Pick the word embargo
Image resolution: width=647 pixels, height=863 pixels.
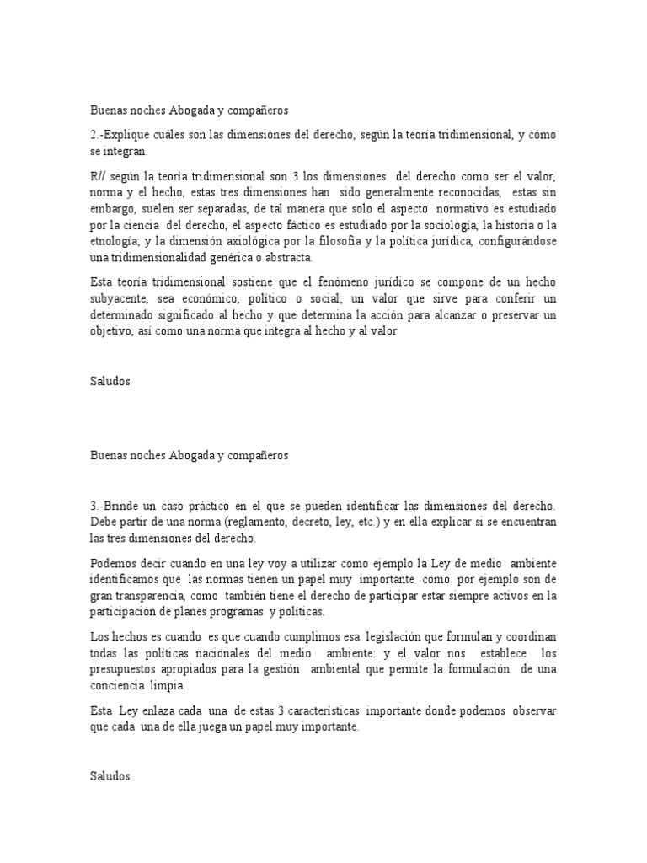tap(111, 208)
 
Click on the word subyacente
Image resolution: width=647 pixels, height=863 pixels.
tap(120, 298)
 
